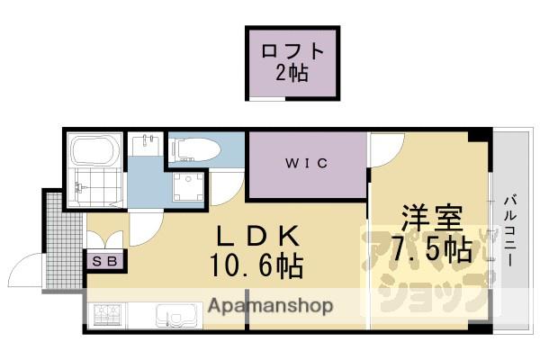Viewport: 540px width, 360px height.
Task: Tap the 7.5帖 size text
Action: click(x=431, y=249)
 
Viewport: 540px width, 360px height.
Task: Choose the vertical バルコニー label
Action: click(x=509, y=231)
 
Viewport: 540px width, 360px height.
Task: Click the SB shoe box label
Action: click(x=106, y=262)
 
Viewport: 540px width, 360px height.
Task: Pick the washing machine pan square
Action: click(x=190, y=188)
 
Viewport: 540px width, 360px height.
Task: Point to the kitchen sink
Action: click(x=172, y=316)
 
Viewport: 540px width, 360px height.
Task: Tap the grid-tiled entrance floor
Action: click(x=62, y=238)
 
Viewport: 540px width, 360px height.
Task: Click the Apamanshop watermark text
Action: click(x=270, y=306)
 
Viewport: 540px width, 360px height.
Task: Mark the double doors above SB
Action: click(x=105, y=239)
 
